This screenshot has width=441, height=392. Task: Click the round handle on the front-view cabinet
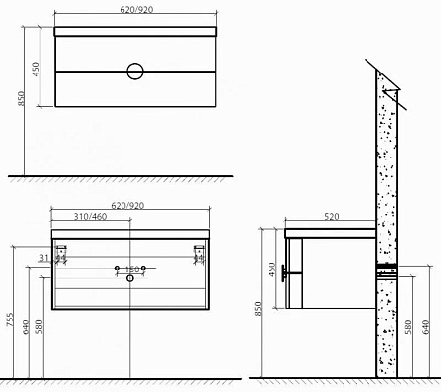point(134,71)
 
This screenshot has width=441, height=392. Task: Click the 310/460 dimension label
point(90,217)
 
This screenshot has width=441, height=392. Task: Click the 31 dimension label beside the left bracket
point(44,258)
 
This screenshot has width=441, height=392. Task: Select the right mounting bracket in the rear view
point(200,254)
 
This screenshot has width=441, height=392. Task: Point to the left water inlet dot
point(117,268)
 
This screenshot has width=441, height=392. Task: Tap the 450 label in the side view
point(272,269)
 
